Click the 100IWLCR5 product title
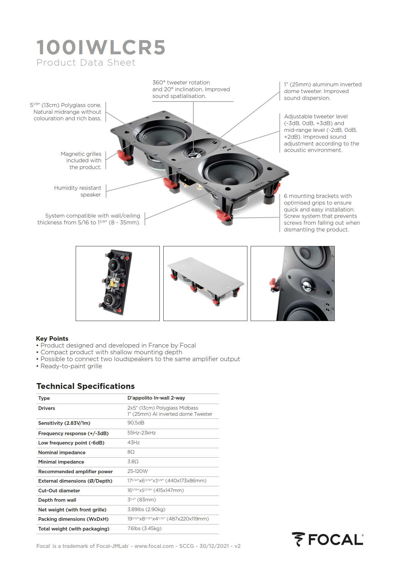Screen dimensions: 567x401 [101, 48]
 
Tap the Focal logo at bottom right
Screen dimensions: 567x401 [327, 540]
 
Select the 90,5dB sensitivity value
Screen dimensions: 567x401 [136, 423]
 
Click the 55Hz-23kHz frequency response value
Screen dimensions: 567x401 [142, 433]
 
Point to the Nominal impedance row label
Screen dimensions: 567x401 [62, 453]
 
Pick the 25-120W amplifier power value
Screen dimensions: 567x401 [137, 471]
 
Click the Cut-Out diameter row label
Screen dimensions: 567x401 [59, 491]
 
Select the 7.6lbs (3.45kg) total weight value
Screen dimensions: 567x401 [144, 529]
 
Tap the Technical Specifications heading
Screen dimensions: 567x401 [85, 386]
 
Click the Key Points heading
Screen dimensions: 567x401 [52, 338]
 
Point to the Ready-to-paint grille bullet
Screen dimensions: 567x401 [71, 366]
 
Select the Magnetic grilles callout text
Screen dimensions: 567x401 [81, 160]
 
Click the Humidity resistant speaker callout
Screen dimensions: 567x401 [78, 191]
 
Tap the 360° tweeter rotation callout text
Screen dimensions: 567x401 [191, 89]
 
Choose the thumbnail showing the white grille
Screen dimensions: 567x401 [205, 283]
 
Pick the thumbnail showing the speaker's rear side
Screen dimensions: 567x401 [118, 283]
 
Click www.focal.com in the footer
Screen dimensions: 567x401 [154, 546]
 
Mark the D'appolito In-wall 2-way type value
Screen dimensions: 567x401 [156, 398]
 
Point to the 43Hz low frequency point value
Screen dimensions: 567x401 [134, 443]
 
